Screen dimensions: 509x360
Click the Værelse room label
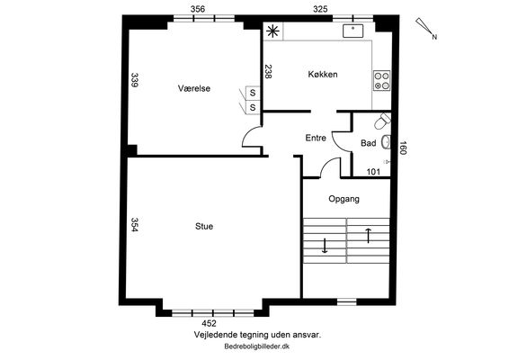194,88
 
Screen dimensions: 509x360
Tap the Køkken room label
323,74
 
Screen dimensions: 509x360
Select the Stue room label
204,226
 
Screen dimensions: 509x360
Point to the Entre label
316,138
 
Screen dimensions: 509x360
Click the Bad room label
369,143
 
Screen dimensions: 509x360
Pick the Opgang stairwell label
344,199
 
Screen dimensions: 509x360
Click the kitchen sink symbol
353,31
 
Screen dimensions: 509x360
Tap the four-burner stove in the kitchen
381,81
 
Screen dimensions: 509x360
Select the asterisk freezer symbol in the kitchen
272,31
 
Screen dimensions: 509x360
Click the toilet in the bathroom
383,121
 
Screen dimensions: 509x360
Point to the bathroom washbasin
386,142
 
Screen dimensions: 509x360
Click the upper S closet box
253,93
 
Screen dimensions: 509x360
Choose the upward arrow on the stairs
368,236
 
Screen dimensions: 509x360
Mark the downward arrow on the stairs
325,246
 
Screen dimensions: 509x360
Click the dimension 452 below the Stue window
209,323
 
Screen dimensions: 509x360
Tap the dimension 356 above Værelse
198,9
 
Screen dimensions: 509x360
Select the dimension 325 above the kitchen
320,9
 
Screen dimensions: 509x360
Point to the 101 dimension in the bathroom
373,172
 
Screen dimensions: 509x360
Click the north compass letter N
434,37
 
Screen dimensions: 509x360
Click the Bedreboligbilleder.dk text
257,346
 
